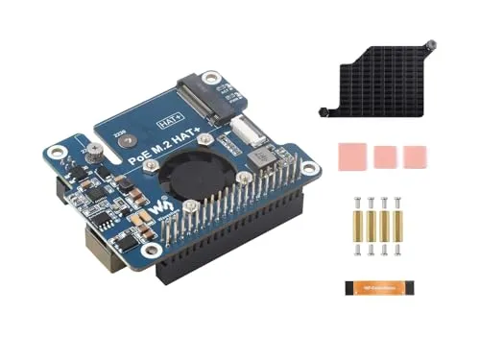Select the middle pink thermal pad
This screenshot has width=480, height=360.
point(386,156)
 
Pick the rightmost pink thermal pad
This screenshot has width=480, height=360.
point(415,155)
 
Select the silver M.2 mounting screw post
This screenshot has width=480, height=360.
point(96,153)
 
